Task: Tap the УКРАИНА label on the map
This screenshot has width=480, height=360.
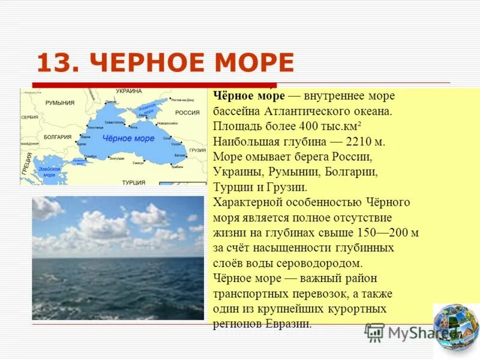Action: click(128, 91)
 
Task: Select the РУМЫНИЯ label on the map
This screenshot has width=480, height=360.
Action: click(60, 103)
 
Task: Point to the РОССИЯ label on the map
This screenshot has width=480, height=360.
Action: click(187, 112)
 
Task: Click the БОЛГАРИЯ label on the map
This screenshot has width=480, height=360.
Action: click(58, 137)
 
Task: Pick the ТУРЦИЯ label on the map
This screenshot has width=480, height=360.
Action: click(133, 182)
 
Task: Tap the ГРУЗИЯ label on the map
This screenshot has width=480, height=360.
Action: click(197, 150)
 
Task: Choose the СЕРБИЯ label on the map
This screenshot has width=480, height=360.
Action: click(29, 117)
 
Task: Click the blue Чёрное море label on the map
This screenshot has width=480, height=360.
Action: click(128, 139)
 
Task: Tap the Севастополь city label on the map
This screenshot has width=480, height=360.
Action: click(114, 122)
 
